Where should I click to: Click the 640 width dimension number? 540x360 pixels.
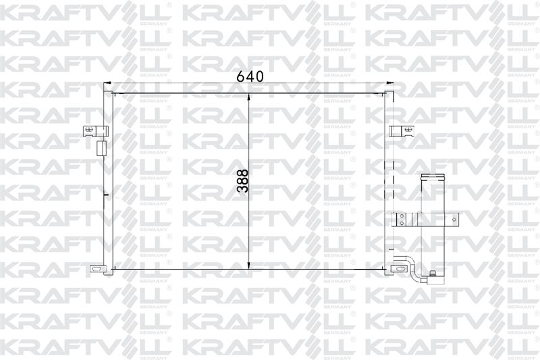tap(250, 76)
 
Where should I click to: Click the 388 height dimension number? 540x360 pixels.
tap(243, 180)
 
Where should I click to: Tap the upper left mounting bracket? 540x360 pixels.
tap(95, 130)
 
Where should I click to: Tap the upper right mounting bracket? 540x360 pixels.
tap(402, 130)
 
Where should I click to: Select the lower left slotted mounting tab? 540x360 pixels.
tap(97, 268)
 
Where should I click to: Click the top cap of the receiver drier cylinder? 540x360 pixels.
tap(433, 178)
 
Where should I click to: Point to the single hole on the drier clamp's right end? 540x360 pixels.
tap(454, 219)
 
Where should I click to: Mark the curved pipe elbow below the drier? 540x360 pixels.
tap(412, 266)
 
